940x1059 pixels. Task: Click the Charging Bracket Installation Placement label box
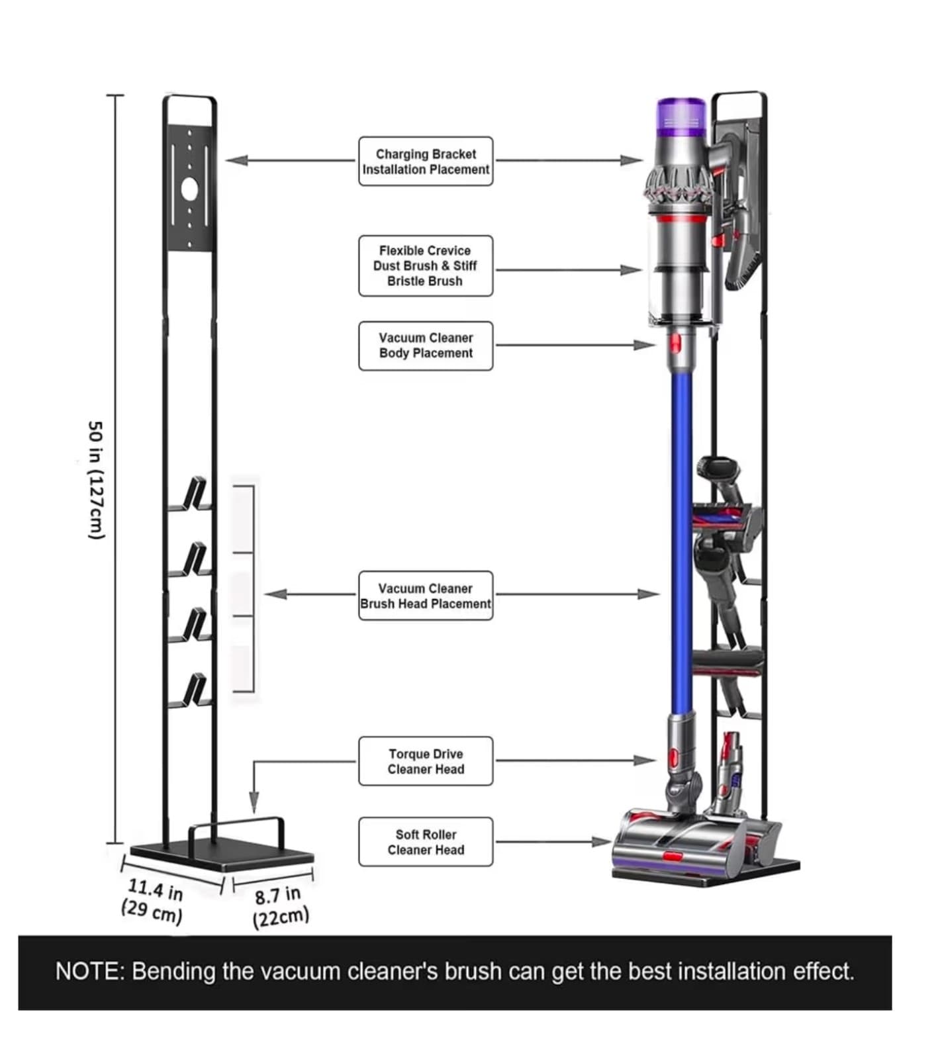(x=426, y=161)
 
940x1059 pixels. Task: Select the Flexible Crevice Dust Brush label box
(x=426, y=265)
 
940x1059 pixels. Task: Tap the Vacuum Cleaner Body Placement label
(x=426, y=345)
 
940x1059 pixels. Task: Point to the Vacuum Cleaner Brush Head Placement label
(x=426, y=596)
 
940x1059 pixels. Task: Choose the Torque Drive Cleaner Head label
(x=426, y=761)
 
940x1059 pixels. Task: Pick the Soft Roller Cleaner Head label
(x=426, y=842)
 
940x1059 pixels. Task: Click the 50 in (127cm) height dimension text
(x=97, y=480)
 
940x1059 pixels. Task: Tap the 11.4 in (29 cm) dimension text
(x=153, y=900)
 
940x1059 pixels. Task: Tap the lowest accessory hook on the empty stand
(x=194, y=692)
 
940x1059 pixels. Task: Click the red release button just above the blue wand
(x=675, y=344)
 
